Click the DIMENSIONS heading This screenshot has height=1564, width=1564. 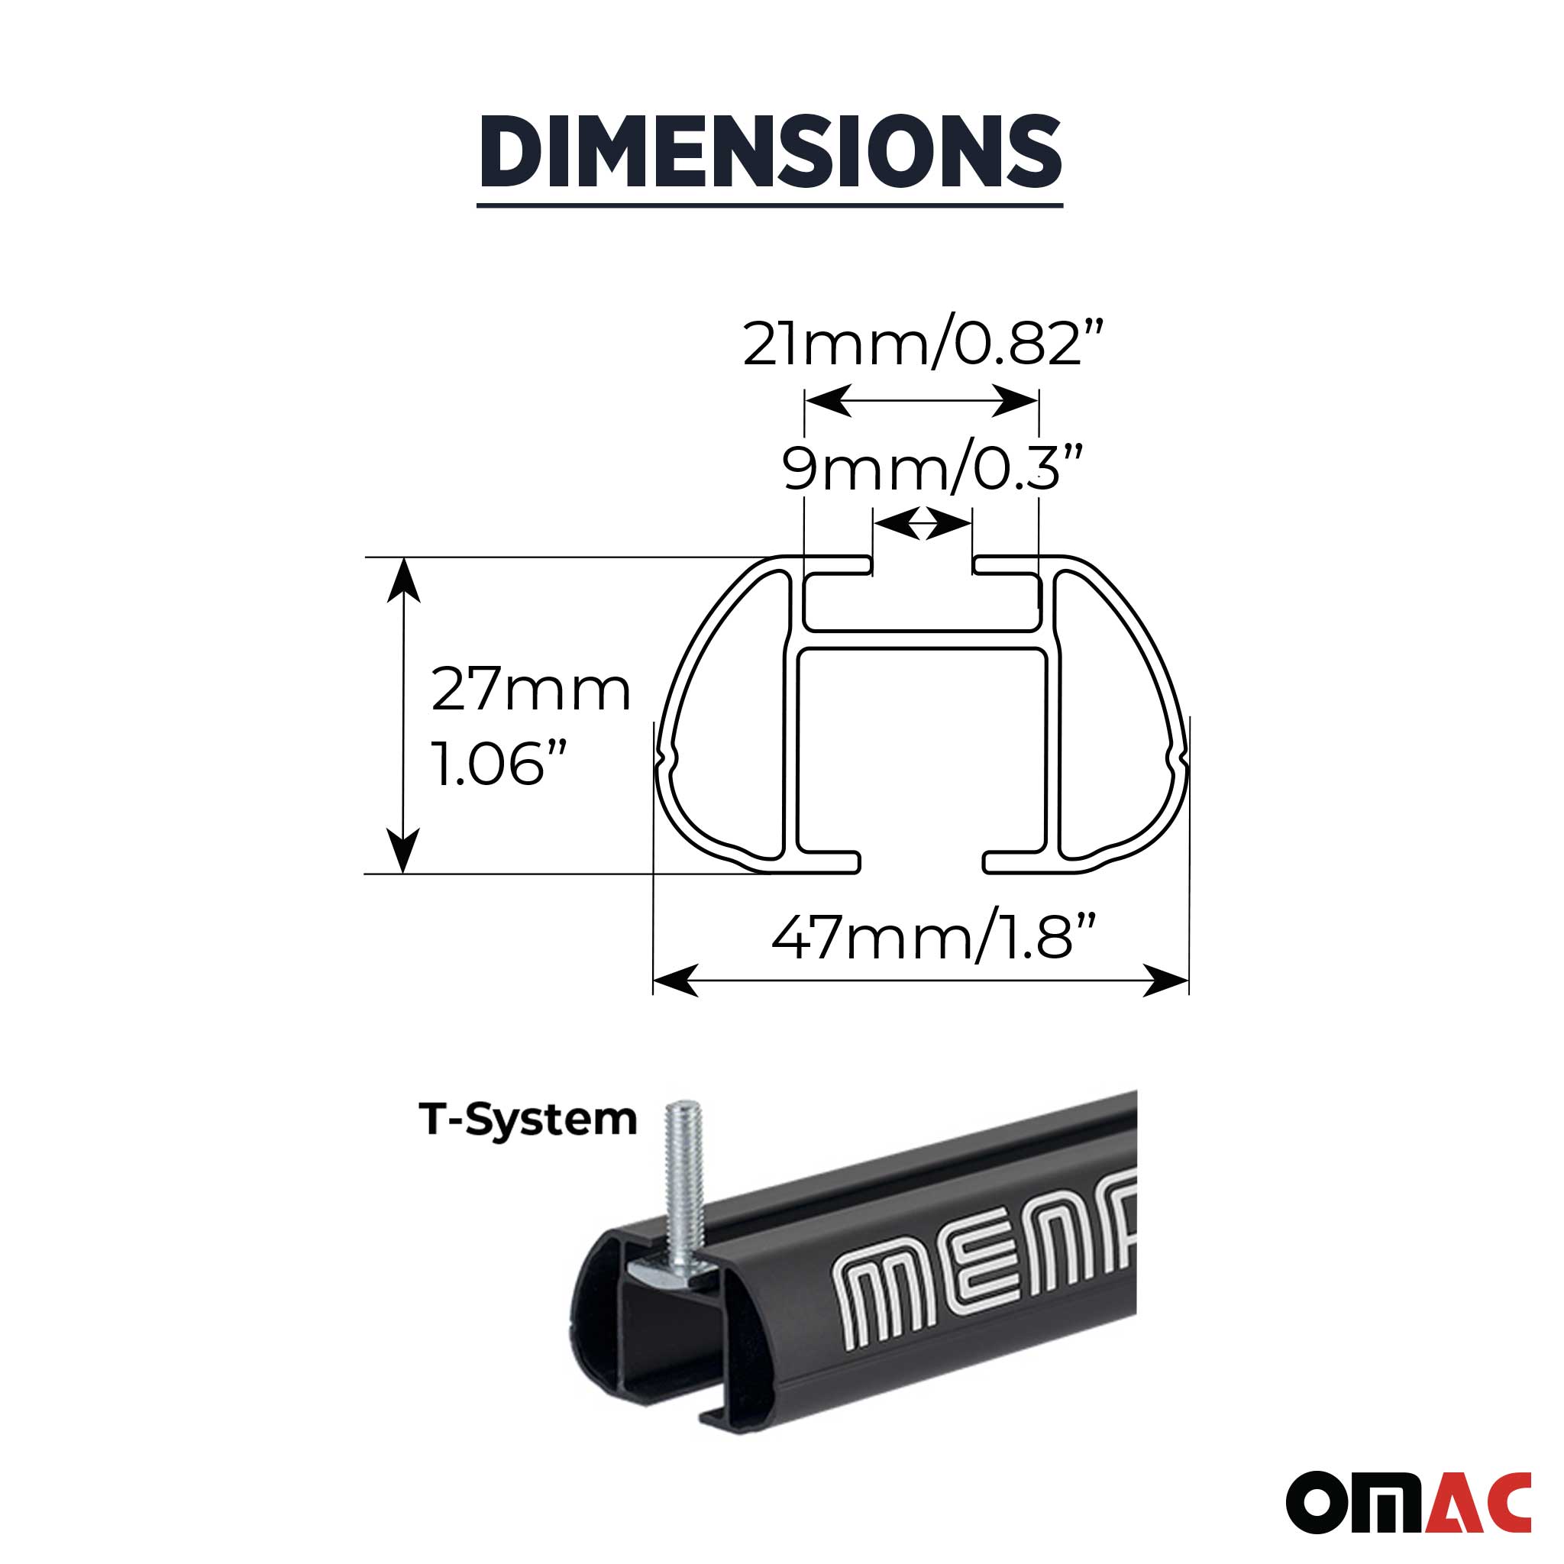pyautogui.click(x=770, y=151)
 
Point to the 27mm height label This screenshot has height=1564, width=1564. pyautogui.click(x=530, y=690)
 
